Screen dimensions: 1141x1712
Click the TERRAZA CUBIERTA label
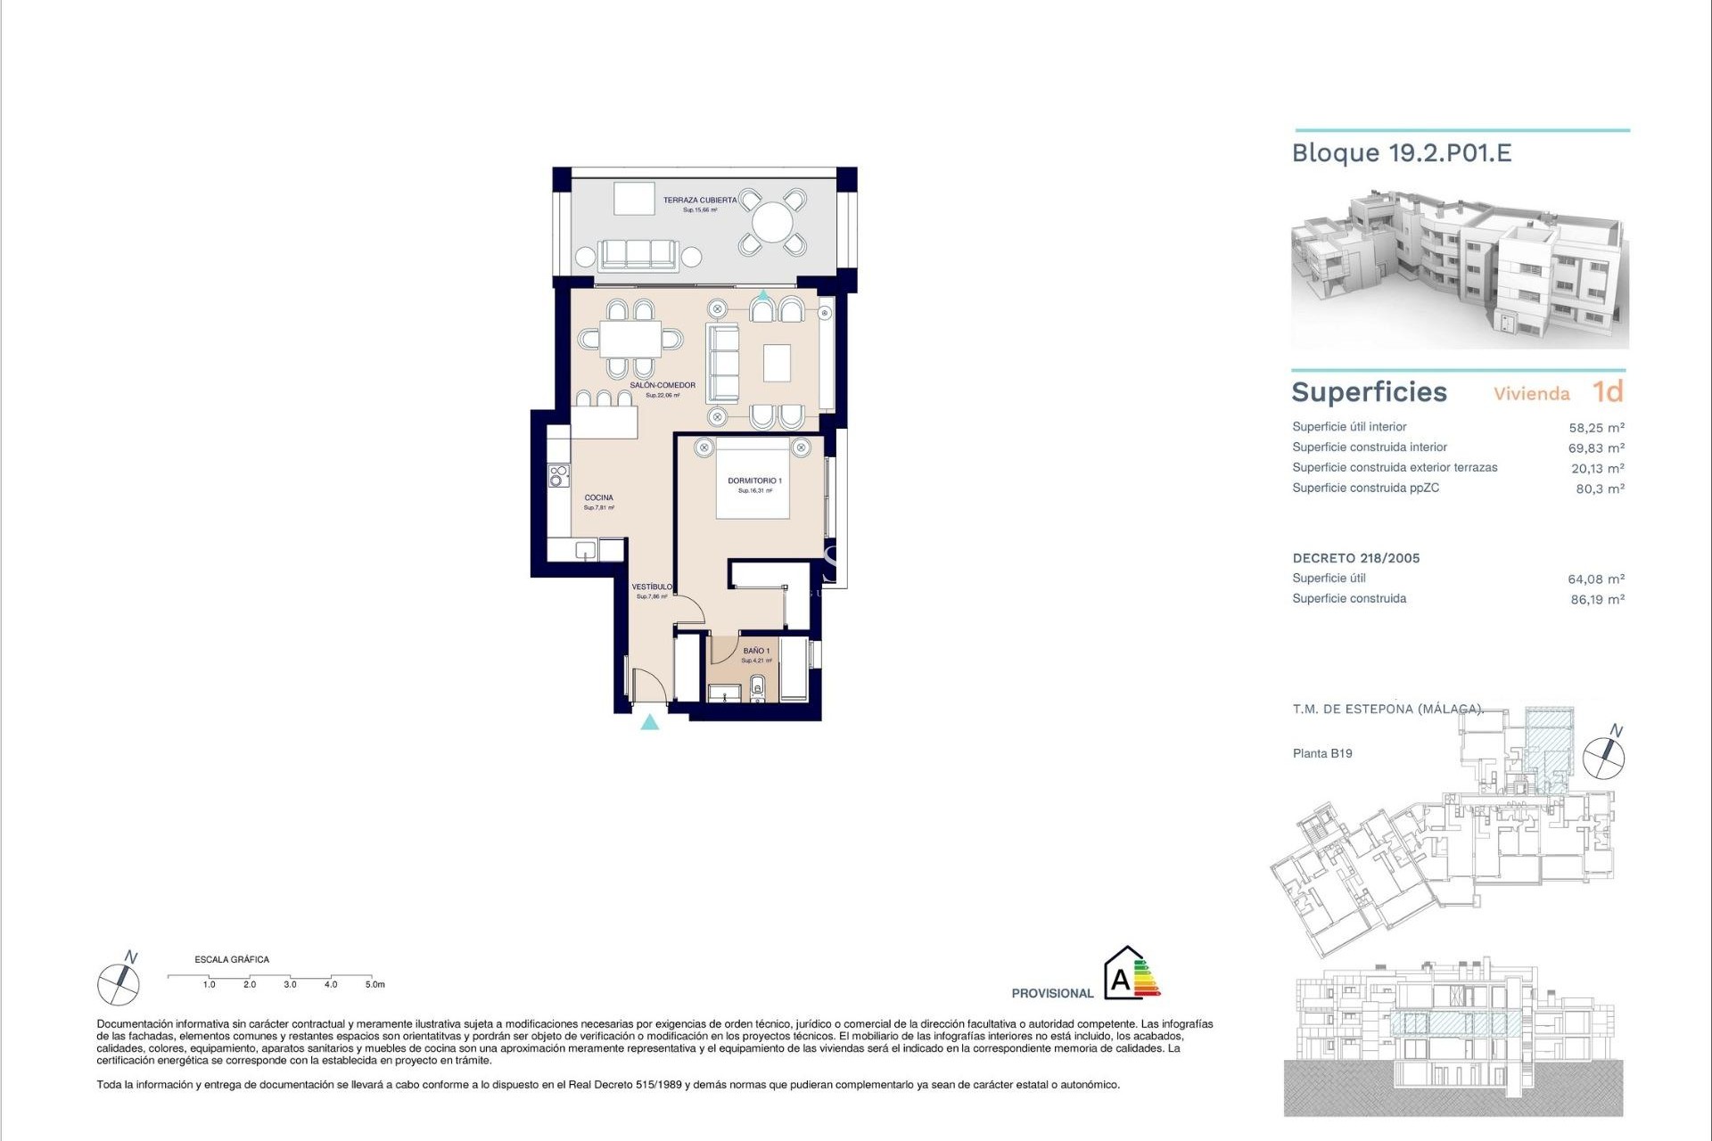pyautogui.click(x=700, y=201)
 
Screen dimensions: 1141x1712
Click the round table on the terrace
pyautogui.click(x=772, y=221)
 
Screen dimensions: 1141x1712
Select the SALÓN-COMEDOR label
pyautogui.click(x=662, y=386)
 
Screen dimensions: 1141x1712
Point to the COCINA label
pyautogui.click(x=598, y=498)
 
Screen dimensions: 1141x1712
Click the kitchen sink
pyautogui.click(x=585, y=550)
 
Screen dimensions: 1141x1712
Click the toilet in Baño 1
pyautogui.click(x=758, y=686)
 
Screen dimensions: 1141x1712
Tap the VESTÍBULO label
pyautogui.click(x=652, y=587)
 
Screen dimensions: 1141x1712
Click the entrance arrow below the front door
pyautogui.click(x=650, y=722)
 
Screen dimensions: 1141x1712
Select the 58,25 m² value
pyautogui.click(x=1596, y=428)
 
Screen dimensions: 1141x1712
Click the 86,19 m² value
pyautogui.click(x=1597, y=600)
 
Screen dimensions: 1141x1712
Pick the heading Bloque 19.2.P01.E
pyautogui.click(x=1402, y=153)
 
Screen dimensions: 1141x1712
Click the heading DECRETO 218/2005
pyautogui.click(x=1355, y=559)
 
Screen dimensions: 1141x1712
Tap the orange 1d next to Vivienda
pyautogui.click(x=1608, y=392)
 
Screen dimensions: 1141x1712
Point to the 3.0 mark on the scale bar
pyautogui.click(x=290, y=984)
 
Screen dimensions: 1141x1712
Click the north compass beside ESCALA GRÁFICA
pyautogui.click(x=119, y=982)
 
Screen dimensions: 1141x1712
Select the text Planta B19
pyautogui.click(x=1322, y=753)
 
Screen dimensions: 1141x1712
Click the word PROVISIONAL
pyautogui.click(x=1052, y=993)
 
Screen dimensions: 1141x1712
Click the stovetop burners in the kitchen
pyautogui.click(x=558, y=476)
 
